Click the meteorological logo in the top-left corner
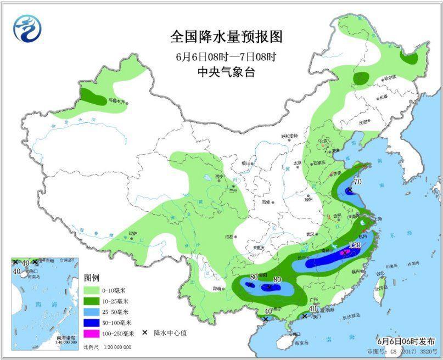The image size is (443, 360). [27, 28]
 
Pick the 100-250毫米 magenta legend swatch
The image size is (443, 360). [96, 333]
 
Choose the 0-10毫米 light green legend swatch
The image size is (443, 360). [96, 290]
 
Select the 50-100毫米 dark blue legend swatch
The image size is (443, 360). [96, 322]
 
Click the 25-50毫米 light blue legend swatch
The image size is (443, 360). [96, 312]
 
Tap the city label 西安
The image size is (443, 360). [267, 202]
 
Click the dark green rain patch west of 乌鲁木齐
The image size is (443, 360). [94, 98]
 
